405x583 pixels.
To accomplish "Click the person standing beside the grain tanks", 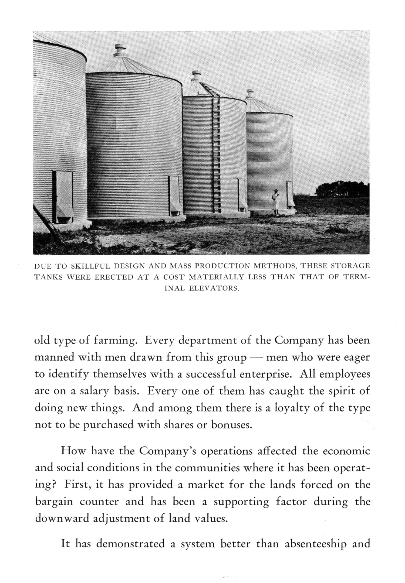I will (275, 202).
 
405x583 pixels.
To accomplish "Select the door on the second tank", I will (174, 195).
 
